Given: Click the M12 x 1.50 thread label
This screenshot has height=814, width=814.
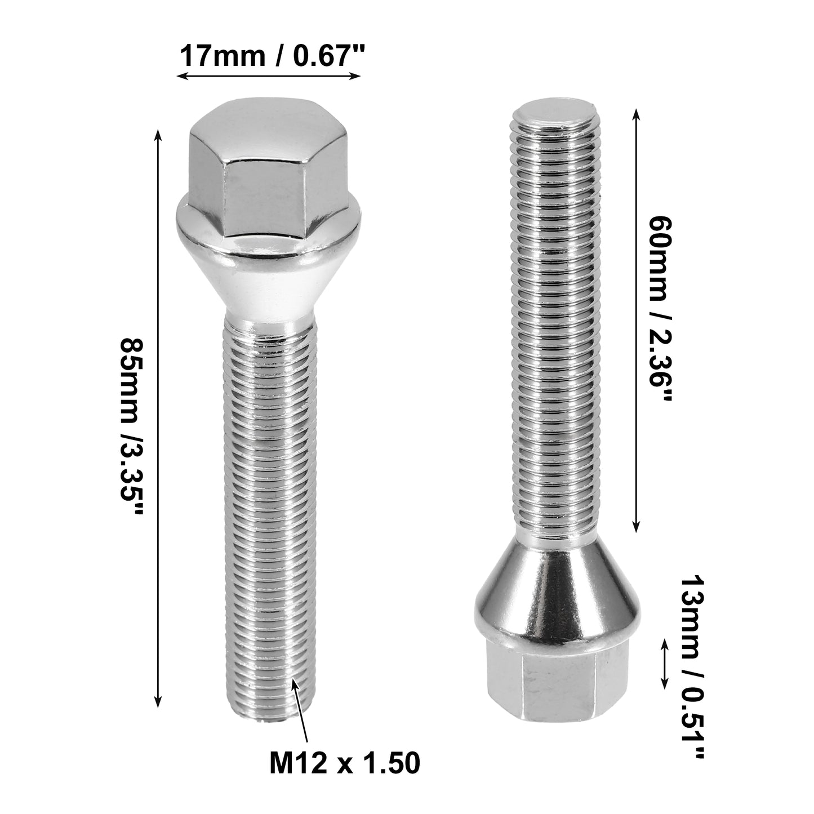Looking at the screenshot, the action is tap(345, 763).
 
